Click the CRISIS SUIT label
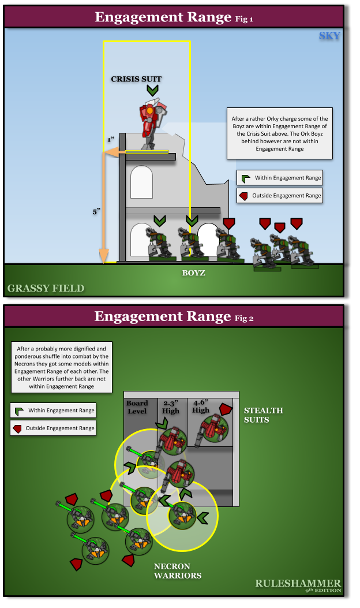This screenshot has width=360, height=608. [x=136, y=79]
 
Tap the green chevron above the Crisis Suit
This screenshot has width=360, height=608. [x=152, y=91]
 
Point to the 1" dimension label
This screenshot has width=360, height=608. [x=110, y=140]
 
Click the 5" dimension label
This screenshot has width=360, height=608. [x=96, y=212]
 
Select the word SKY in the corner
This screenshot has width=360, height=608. [x=329, y=36]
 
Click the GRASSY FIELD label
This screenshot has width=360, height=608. [x=46, y=288]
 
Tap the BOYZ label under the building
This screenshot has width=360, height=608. [x=194, y=273]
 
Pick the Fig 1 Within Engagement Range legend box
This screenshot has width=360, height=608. [x=279, y=178]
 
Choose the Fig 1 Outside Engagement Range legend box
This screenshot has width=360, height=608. [x=279, y=196]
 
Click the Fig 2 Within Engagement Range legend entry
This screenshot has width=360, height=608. [x=52, y=411]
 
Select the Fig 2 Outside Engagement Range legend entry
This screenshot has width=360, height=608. [x=52, y=428]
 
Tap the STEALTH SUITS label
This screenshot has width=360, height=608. [x=263, y=415]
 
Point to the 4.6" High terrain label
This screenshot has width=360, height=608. [x=201, y=406]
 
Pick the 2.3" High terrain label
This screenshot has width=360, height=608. [x=171, y=407]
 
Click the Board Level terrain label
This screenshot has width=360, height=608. [x=137, y=407]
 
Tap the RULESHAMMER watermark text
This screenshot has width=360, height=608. [x=298, y=583]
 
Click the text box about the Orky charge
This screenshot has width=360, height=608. [x=279, y=133]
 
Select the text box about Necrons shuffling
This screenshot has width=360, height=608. [x=61, y=367]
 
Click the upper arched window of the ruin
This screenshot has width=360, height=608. [x=141, y=182]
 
